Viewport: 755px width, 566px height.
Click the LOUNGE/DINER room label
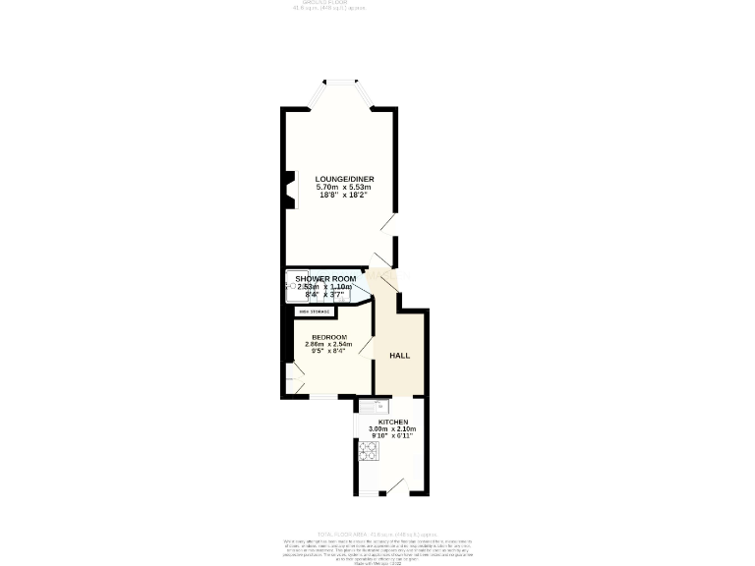pos(338,179)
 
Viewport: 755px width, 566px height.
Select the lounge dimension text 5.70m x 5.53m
pos(338,187)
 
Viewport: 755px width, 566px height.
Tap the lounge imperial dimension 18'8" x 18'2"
pos(338,195)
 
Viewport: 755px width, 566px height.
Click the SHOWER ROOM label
pos(325,279)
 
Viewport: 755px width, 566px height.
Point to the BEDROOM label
pos(328,337)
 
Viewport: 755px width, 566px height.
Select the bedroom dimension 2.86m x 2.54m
pos(328,344)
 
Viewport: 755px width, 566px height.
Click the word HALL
pos(399,356)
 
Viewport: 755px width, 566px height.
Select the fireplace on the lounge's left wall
pos(291,191)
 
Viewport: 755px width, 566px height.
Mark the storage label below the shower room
pos(315,311)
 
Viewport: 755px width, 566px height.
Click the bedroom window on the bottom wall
pos(322,396)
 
